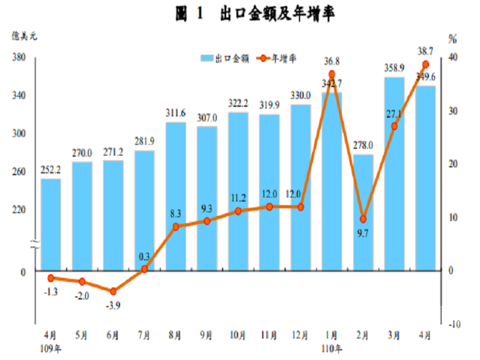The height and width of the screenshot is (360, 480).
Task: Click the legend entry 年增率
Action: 283,59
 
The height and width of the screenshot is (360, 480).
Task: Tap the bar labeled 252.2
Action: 51,225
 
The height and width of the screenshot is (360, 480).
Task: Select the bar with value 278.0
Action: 363,213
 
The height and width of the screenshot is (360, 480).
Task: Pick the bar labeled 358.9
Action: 394,174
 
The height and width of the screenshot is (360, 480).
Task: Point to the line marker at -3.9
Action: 113,292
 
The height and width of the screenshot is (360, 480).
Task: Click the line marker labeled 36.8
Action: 332,74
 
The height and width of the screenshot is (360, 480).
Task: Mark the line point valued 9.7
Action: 363,219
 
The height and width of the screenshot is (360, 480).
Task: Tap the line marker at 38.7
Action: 425,64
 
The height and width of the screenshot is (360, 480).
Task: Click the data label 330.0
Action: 300,95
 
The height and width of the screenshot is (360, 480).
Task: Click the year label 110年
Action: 332,348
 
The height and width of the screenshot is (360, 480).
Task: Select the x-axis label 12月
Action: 300,336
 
